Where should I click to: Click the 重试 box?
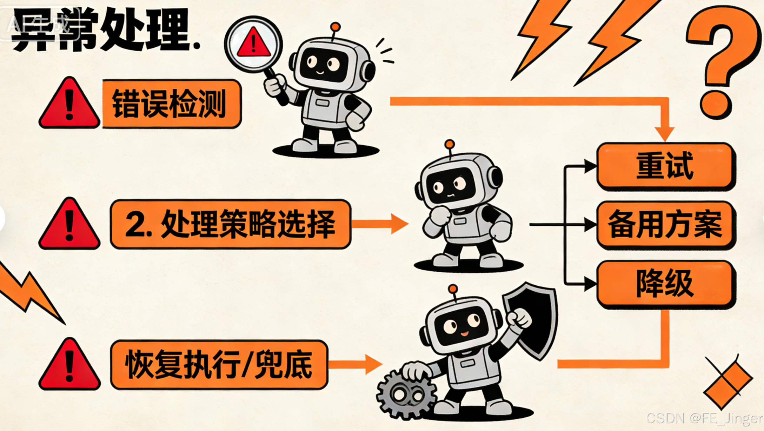click(665, 165)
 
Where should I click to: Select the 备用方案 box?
click(665, 224)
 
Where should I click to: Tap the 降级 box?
click(665, 284)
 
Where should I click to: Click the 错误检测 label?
click(171, 104)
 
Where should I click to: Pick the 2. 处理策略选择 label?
click(230, 224)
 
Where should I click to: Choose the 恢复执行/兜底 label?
click(219, 364)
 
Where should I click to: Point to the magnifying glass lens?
click(253, 44)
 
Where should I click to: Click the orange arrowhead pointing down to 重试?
click(665, 133)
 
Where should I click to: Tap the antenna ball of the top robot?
click(335, 27)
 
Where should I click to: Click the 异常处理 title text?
click(105, 30)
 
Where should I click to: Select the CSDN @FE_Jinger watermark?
click(704, 418)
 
